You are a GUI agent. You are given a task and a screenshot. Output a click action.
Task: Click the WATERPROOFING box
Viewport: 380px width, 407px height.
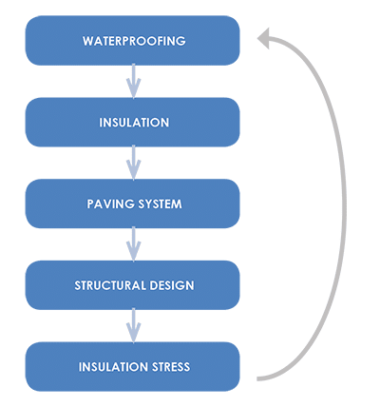134,41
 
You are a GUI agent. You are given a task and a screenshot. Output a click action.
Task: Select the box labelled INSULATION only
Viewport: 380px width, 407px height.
134,123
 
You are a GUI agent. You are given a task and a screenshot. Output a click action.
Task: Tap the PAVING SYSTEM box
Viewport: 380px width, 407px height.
134,203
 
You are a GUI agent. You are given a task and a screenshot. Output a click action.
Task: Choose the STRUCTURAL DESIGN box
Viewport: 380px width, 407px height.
134,284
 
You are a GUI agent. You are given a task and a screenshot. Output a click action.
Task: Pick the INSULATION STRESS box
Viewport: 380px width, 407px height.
134,366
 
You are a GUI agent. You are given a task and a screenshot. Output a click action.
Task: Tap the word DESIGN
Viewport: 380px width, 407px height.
171,285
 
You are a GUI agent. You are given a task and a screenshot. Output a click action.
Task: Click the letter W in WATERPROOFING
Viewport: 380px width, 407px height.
86,42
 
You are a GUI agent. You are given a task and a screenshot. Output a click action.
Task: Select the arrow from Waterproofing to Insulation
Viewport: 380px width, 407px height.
134,82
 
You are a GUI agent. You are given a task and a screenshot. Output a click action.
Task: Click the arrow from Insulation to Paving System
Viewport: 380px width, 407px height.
134,164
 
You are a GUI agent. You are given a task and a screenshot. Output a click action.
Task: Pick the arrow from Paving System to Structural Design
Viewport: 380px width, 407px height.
134,244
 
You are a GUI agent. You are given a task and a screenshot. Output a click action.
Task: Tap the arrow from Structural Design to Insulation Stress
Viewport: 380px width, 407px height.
134,325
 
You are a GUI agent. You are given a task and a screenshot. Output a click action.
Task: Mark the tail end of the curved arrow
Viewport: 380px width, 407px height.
258,378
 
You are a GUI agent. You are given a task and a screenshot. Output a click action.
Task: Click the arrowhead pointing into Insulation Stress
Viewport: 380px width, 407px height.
134,336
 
